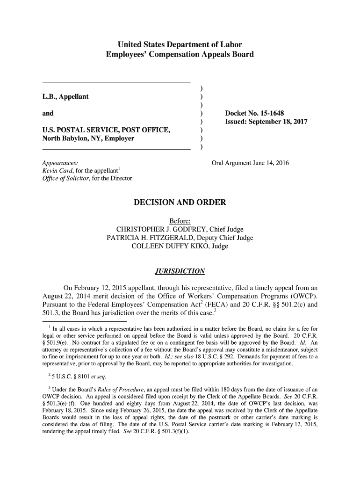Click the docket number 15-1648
tap(269, 113)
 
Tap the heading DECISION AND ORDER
tap(180, 203)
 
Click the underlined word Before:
tap(180, 221)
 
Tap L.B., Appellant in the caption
tap(65, 97)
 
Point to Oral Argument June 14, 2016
tap(250, 163)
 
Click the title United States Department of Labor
tap(180, 45)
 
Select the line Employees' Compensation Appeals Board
tap(180, 55)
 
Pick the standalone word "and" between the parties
tap(48, 113)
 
